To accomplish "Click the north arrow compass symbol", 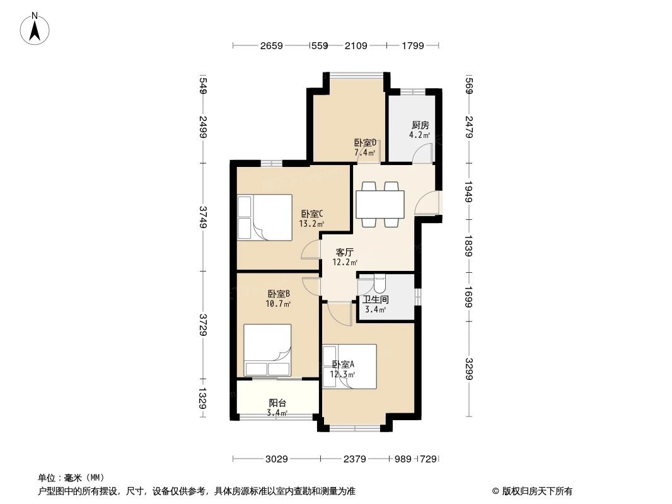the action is point(35,29).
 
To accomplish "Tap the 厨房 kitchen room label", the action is point(420,125).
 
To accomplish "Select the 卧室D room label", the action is point(365,142).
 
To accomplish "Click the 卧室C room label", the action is point(311,213).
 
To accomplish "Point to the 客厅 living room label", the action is point(345,252).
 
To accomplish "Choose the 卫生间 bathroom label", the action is point(376,299).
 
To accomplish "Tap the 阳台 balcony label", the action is point(277,403).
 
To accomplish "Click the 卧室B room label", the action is point(279,294).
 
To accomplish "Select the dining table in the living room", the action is point(380,204).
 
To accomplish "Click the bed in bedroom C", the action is point(265,217).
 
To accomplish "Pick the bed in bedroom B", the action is point(267,350).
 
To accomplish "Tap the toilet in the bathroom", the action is point(379,283).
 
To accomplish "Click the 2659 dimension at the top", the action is point(271,45).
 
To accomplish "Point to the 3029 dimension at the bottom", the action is point(277,459).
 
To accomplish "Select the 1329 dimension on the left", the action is point(203,398).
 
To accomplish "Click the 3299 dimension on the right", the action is point(468,369).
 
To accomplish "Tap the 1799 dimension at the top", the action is point(413,45).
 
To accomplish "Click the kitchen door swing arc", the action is point(422,153).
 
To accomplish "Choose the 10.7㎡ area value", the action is point(278,304).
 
